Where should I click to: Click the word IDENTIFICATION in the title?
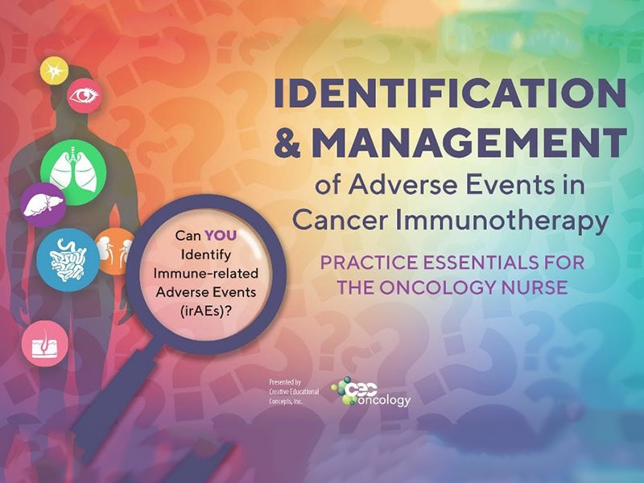point(450,93)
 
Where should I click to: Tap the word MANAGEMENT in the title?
point(469,142)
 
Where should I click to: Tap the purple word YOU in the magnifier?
point(221,235)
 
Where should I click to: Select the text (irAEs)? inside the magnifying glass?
point(205,312)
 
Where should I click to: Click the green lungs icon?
point(73,172)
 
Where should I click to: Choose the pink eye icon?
point(84,96)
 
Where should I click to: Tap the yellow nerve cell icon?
point(54,71)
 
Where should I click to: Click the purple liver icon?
point(43,205)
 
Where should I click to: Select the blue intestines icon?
point(68,260)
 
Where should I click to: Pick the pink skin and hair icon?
point(45,344)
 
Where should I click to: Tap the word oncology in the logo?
point(384,400)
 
